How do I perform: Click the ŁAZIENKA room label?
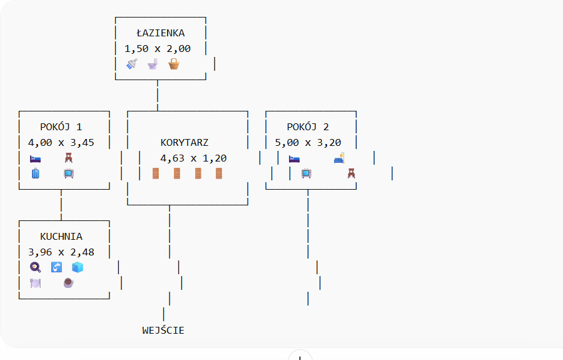click(161, 33)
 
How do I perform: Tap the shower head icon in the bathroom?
click(131, 64)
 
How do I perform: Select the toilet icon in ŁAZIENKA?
click(153, 64)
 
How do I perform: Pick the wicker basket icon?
click(173, 64)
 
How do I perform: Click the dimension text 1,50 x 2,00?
click(158, 48)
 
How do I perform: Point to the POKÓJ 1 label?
click(61, 126)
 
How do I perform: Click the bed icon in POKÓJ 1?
click(36, 158)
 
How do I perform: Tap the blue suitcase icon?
click(36, 173)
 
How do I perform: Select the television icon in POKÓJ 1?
click(69, 173)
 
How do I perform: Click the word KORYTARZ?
click(185, 142)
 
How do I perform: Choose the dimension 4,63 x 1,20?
click(193, 158)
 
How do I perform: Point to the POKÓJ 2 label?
click(308, 126)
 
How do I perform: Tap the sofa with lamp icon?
click(339, 158)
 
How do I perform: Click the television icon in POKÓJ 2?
click(307, 173)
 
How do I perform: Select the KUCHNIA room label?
click(61, 237)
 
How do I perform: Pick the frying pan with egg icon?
click(36, 267)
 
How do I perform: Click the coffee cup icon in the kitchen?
click(69, 283)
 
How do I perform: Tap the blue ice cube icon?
click(77, 267)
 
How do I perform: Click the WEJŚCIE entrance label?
click(163, 330)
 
